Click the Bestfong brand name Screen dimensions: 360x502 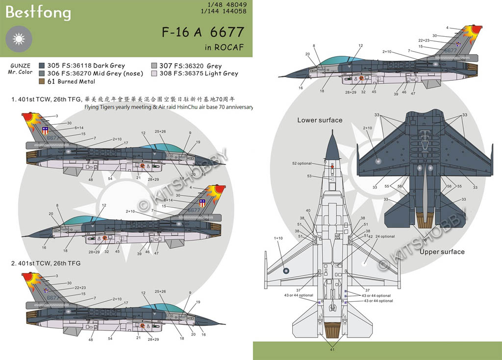[x=38, y=13]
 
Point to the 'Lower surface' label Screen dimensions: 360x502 [x=320, y=120]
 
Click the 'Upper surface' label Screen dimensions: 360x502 [x=442, y=252]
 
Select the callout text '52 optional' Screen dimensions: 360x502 [x=301, y=164]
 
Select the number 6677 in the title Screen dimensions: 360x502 [x=226, y=32]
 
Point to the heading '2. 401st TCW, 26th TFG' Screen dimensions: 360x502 [x=46, y=263]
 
